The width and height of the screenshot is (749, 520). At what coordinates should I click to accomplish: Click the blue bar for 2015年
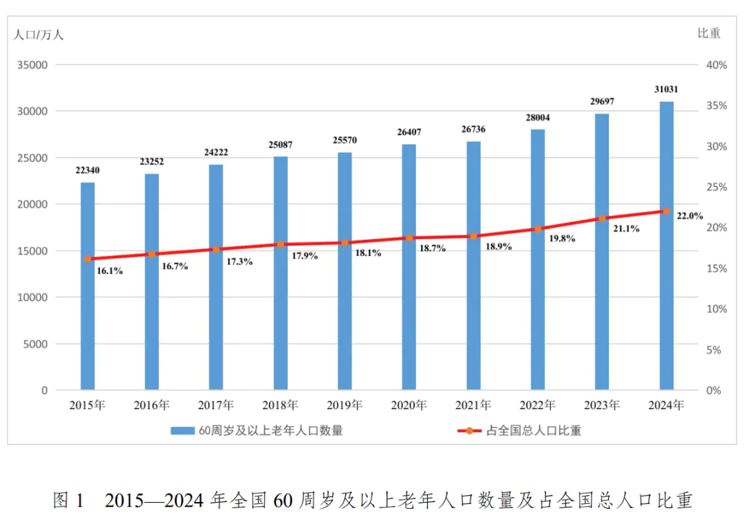tap(87, 291)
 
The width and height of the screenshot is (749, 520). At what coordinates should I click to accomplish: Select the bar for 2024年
tap(666, 250)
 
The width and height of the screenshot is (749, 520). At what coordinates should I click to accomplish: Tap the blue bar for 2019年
tap(345, 277)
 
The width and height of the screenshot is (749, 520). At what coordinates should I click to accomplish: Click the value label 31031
tap(666, 89)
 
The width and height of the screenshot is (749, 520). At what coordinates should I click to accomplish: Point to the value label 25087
tap(280, 144)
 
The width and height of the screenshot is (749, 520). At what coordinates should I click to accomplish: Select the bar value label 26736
tap(473, 129)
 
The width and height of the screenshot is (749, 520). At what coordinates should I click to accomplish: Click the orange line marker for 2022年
tap(537, 229)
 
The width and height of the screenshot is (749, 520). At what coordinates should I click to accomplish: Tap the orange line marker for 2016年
tap(152, 254)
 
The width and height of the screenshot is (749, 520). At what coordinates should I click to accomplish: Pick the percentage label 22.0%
tap(690, 216)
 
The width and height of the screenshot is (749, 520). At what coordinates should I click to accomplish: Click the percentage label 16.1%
tap(110, 271)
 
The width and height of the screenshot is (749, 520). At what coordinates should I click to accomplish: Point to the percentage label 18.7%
tap(431, 248)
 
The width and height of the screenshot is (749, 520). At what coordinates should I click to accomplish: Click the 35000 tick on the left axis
tap(33, 65)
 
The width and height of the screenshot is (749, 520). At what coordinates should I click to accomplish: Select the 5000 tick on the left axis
tap(35, 344)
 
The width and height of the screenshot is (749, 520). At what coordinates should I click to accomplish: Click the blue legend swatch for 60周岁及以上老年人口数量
tap(184, 431)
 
